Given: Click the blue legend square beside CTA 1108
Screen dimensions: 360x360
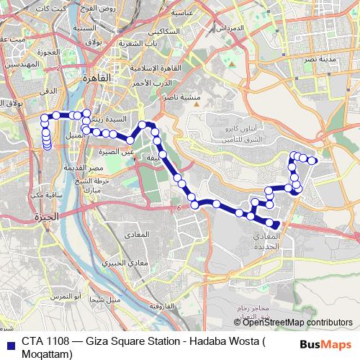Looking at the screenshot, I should [x=9, y=342].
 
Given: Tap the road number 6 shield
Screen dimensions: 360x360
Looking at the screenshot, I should [x=178, y=207].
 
